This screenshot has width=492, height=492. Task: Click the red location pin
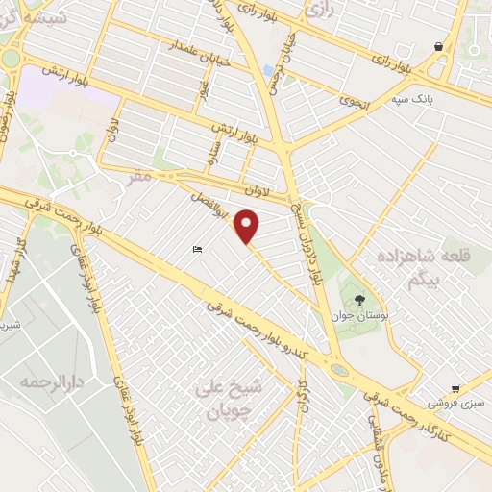pyautogui.click(x=248, y=226)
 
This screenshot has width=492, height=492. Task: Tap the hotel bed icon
pyautogui.click(x=197, y=250)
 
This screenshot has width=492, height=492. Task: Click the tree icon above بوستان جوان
pyautogui.click(x=359, y=301)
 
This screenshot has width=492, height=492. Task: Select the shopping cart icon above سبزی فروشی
pyautogui.click(x=455, y=389)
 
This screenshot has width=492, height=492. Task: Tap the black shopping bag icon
pyautogui.click(x=438, y=46)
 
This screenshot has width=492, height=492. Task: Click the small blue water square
pyautogui.click(x=266, y=70)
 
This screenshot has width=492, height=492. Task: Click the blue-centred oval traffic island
pyautogui.click(x=339, y=369)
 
